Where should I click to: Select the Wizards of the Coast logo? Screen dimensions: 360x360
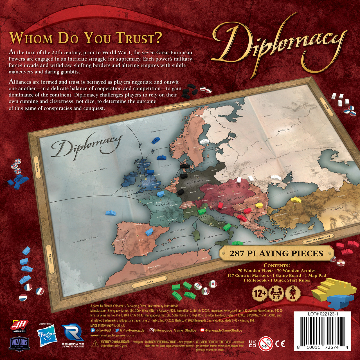19,343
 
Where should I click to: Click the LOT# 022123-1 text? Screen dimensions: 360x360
323,314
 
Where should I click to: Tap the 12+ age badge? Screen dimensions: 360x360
260,294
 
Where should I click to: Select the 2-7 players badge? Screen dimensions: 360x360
276,294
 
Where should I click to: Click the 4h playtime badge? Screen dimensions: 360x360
292,294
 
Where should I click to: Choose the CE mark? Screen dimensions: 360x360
280,344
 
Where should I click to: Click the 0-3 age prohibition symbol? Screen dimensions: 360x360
265,344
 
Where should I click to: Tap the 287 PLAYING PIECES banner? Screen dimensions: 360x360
276,253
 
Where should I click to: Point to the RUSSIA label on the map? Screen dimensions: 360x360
283,130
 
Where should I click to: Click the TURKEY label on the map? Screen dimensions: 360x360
337,209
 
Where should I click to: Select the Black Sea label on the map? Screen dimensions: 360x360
292,192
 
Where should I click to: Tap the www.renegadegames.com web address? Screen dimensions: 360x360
112,335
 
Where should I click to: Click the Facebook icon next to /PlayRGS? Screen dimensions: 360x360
93,330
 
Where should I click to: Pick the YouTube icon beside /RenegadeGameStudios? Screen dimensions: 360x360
202,330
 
